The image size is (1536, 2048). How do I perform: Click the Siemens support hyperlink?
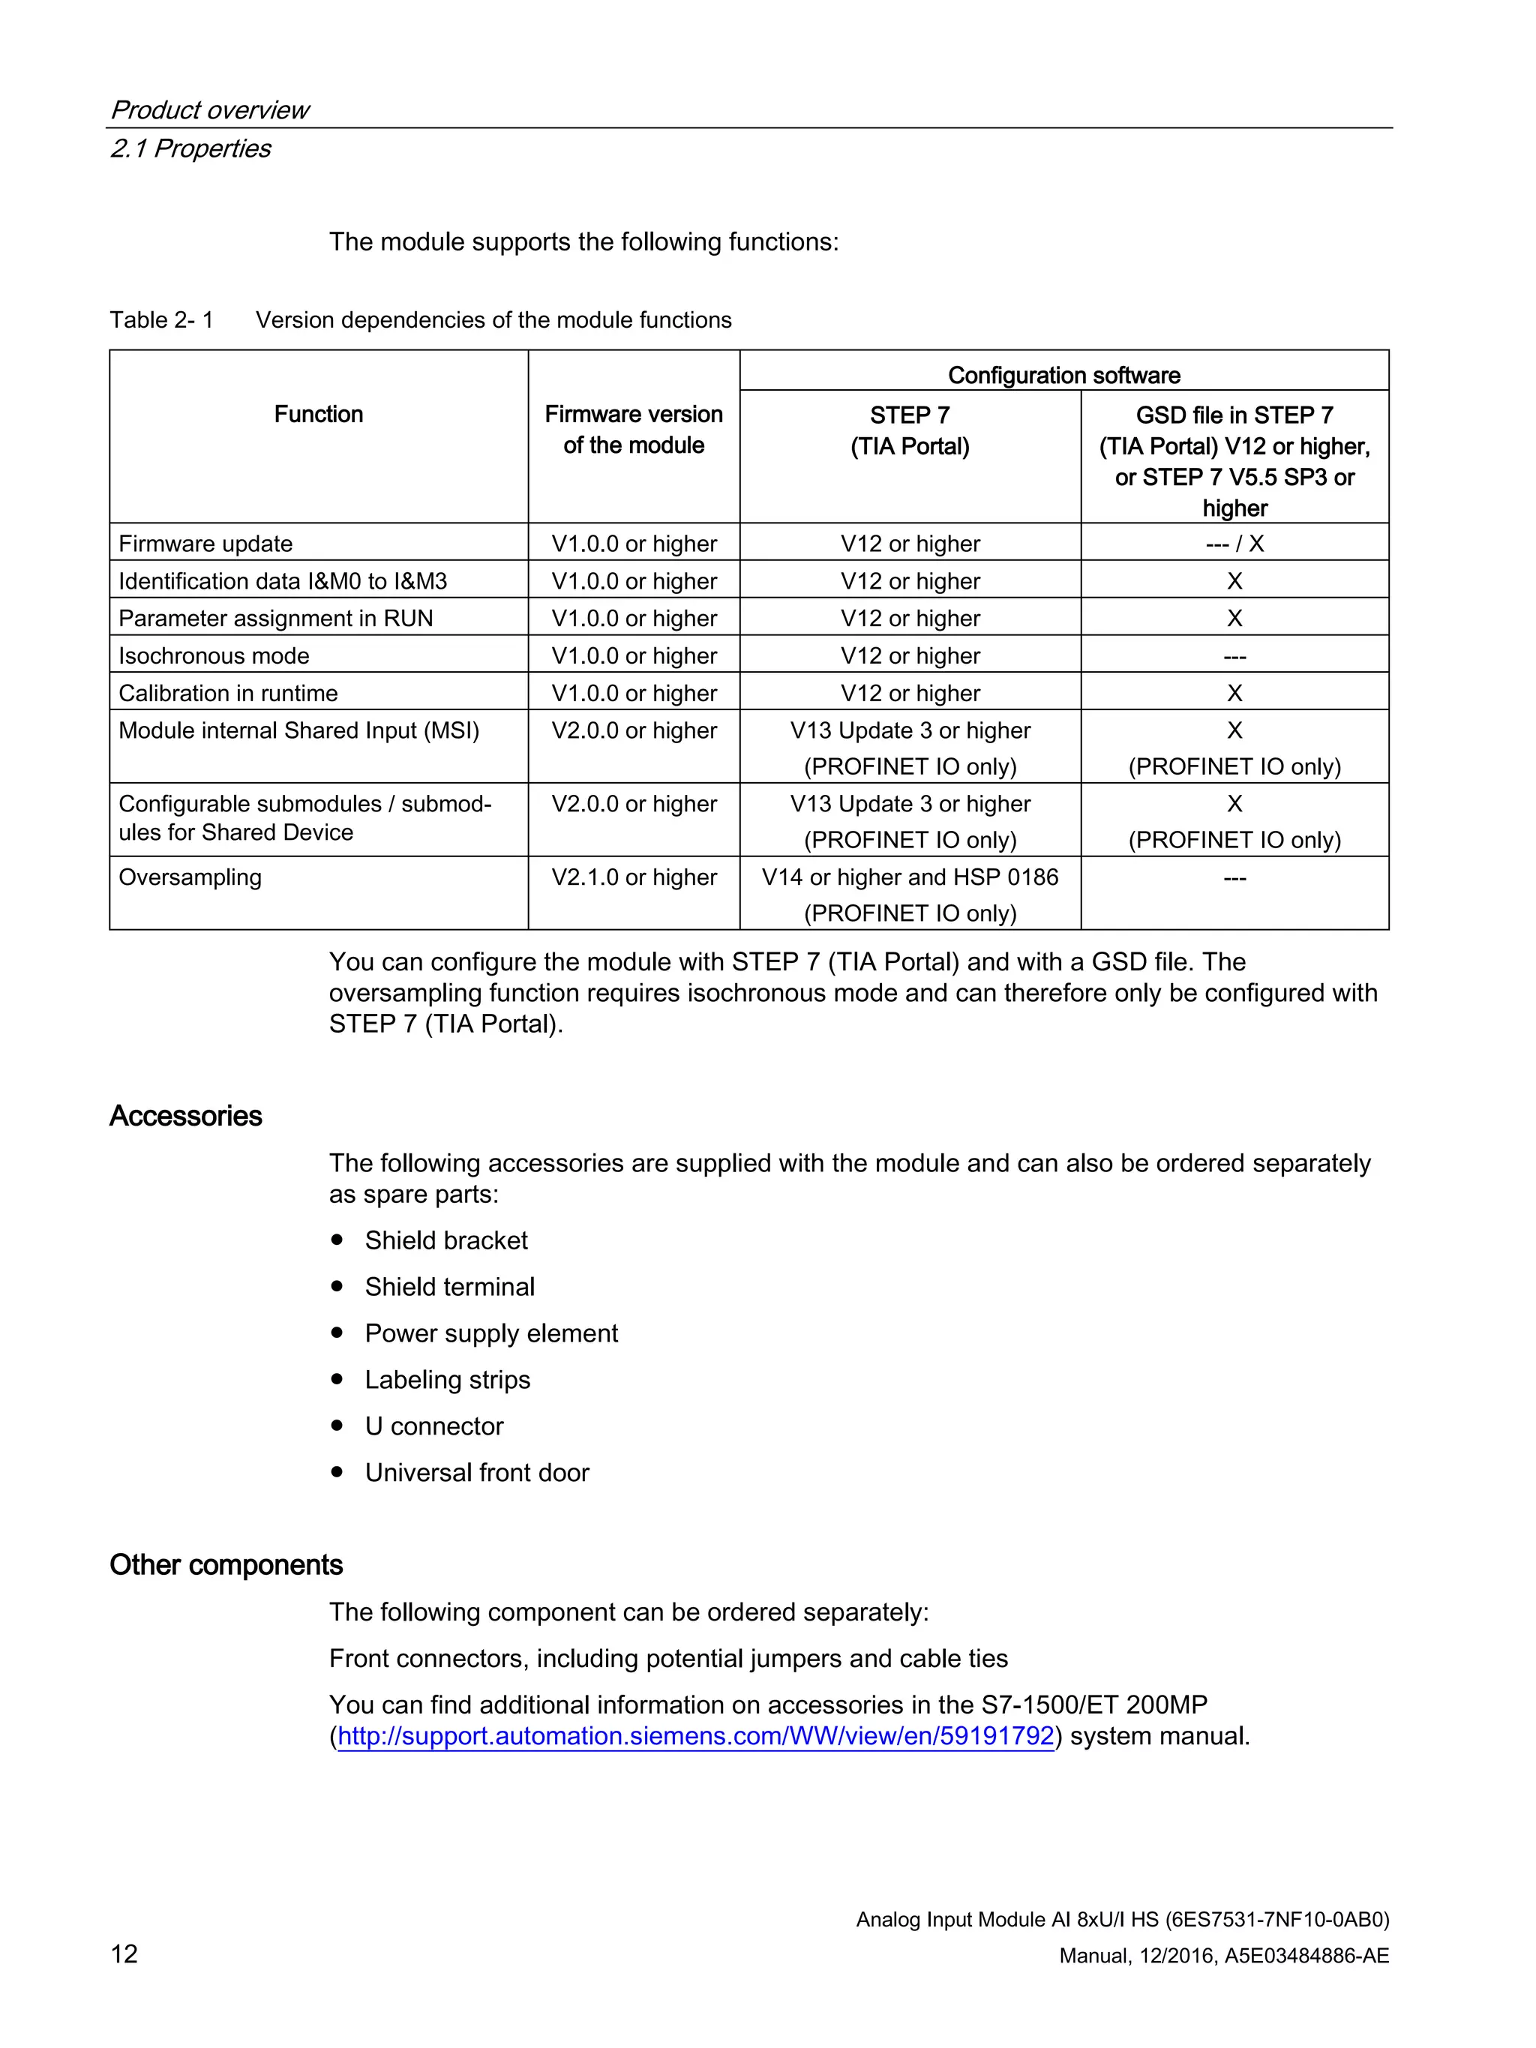click(x=695, y=1736)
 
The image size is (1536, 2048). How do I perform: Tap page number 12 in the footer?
click(x=124, y=1954)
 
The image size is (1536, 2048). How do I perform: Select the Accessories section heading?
click(x=185, y=1116)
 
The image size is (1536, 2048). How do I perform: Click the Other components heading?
click(x=226, y=1565)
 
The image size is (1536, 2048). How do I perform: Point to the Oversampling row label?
click(x=190, y=877)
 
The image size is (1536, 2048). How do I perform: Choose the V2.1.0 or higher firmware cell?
click(x=634, y=877)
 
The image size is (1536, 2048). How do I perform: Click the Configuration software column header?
click(x=1063, y=375)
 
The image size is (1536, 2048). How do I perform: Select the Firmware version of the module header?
click(x=634, y=430)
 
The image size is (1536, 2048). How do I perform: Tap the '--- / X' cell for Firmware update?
click(x=1234, y=544)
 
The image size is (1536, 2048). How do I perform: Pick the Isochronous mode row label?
click(x=214, y=655)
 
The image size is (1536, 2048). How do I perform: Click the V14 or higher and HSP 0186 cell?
click(x=910, y=877)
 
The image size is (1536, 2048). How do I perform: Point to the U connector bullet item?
click(x=433, y=1426)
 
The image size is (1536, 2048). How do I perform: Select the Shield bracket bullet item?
click(x=445, y=1240)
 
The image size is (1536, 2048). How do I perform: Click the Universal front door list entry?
click(x=477, y=1472)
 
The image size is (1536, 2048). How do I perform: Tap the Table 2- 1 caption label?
click(x=161, y=320)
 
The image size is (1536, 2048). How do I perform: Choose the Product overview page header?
click(x=210, y=110)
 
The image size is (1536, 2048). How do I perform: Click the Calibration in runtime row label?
click(x=228, y=693)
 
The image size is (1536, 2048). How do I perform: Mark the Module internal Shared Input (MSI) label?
click(x=299, y=730)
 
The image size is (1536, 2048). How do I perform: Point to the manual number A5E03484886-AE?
click(x=1306, y=1956)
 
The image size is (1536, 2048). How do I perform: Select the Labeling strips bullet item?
click(x=447, y=1380)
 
